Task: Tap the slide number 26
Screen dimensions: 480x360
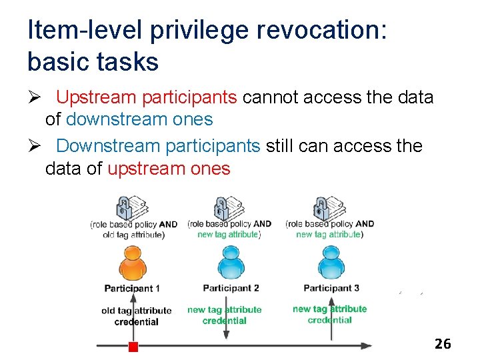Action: [x=443, y=344]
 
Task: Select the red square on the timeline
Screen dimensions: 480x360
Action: [x=133, y=347]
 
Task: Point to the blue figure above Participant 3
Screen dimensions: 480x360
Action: [x=331, y=262]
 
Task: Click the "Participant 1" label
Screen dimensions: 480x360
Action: [x=132, y=289]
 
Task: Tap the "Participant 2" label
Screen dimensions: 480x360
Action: [x=231, y=288]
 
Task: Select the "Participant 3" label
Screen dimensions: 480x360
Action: [x=331, y=288]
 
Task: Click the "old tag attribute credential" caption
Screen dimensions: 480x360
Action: [x=136, y=316]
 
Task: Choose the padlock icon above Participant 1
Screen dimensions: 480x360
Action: [x=123, y=209]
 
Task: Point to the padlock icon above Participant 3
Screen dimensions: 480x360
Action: [x=320, y=208]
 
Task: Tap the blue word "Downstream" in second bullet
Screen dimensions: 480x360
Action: [x=108, y=145]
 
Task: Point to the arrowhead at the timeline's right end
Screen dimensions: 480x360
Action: [x=367, y=346]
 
